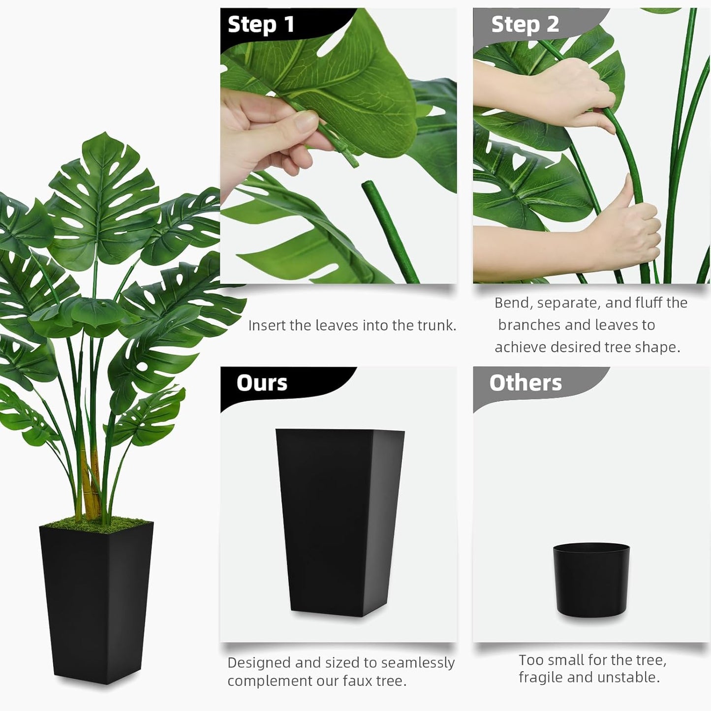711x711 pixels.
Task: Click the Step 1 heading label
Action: coord(261,25)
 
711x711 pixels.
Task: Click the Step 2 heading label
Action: coord(525,25)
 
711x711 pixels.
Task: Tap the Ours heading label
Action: coord(261,383)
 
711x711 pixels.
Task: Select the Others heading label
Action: coord(525,383)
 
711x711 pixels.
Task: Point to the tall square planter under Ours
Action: coord(340,522)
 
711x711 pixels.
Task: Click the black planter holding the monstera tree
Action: coord(96,600)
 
